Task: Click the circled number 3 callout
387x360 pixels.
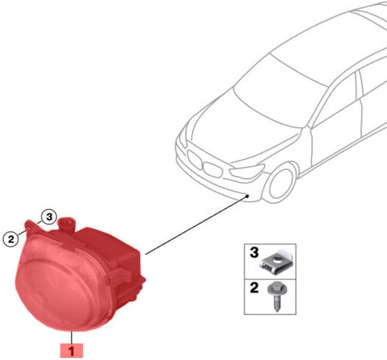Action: click(49, 217)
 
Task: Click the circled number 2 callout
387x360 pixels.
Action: click(11, 239)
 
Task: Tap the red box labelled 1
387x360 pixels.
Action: click(71, 350)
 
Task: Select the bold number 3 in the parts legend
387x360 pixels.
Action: click(254, 253)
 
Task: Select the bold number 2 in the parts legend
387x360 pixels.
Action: click(254, 288)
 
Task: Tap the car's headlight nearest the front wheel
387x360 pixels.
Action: click(246, 171)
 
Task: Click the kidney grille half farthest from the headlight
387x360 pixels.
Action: click(195, 159)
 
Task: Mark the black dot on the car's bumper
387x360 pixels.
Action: click(247, 196)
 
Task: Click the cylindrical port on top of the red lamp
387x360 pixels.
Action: click(66, 225)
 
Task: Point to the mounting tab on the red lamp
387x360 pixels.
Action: click(31, 227)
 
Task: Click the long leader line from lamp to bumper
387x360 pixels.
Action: click(196, 225)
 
